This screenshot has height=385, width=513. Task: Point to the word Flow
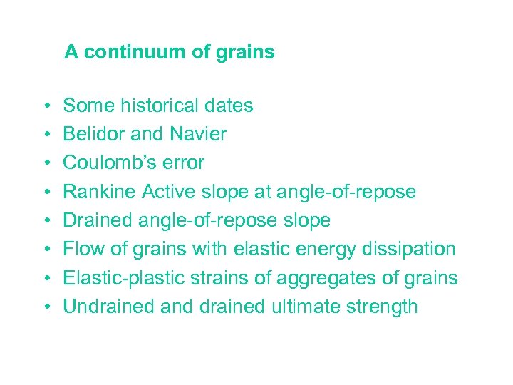click(x=82, y=250)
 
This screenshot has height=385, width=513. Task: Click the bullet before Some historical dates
click(x=44, y=106)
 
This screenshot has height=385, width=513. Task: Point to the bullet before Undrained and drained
click(x=44, y=307)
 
